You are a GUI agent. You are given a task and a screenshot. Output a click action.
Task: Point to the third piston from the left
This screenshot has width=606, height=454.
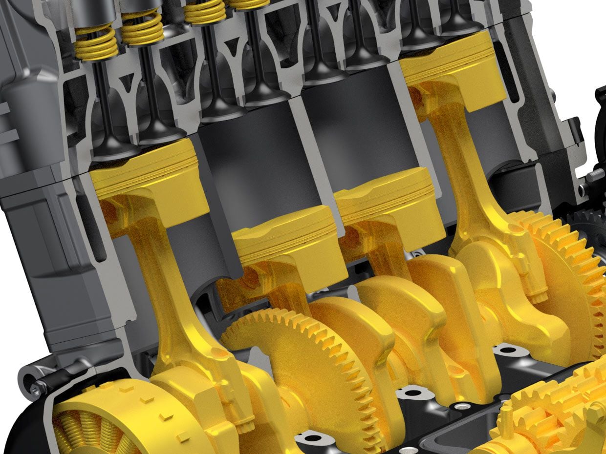pyautogui.click(x=386, y=205)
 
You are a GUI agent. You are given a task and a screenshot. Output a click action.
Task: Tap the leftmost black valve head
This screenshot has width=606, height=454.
pyautogui.click(x=112, y=151)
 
